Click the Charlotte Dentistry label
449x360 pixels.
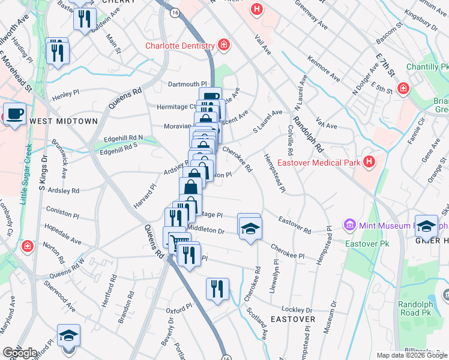pos(179,46)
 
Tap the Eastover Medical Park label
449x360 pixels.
pos(327,163)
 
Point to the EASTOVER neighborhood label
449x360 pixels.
pos(292,319)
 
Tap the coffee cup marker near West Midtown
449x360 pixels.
pos(14,113)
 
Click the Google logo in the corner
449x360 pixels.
pos(20,353)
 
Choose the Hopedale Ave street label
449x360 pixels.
pos(63,236)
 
